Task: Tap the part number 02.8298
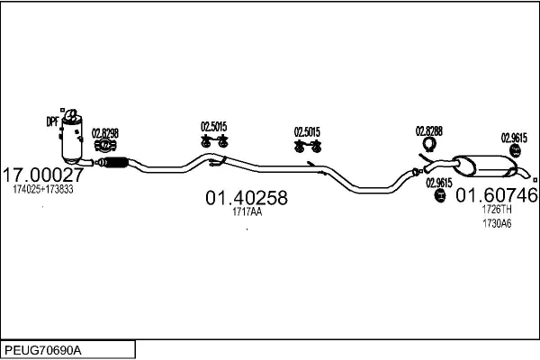105,133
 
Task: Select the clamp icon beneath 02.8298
106,145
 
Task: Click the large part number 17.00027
44,174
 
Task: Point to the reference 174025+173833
43,190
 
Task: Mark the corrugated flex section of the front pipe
113,162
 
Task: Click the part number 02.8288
428,131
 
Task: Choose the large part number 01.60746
496,194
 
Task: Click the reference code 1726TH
496,209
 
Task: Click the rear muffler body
486,166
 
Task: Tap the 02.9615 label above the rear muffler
514,138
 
